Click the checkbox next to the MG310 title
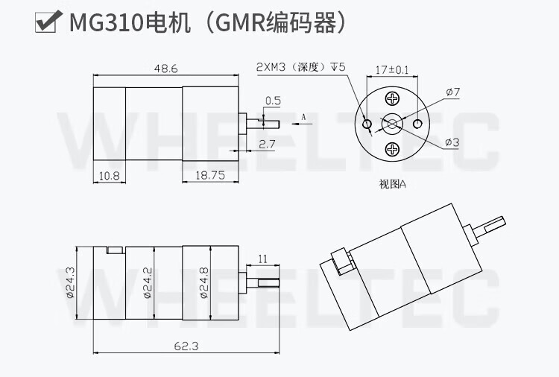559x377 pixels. pos(46,22)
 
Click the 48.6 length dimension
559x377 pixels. pos(165,69)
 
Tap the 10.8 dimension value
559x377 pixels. pos(110,176)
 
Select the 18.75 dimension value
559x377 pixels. pos(210,175)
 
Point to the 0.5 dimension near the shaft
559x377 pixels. pos(273,101)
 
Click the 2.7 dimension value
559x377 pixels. pos(267,145)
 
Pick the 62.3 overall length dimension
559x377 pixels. pos(186,346)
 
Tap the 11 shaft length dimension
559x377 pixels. pos(263,259)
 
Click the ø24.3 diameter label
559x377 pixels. pos(70,282)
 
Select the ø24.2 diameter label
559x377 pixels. pos(148,282)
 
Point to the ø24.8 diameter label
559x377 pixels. pos(204,282)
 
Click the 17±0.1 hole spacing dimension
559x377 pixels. pos(392,70)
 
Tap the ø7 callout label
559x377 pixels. pos(453,92)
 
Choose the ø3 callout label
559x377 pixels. pos(452,142)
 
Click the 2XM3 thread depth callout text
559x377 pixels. pos(301,67)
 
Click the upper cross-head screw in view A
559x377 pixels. pos(393,98)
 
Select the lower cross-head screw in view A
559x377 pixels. pos(393,149)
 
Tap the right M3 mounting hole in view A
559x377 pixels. pos(417,124)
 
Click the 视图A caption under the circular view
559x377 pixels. pos(393,184)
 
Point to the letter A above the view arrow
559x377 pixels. pos(304,117)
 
